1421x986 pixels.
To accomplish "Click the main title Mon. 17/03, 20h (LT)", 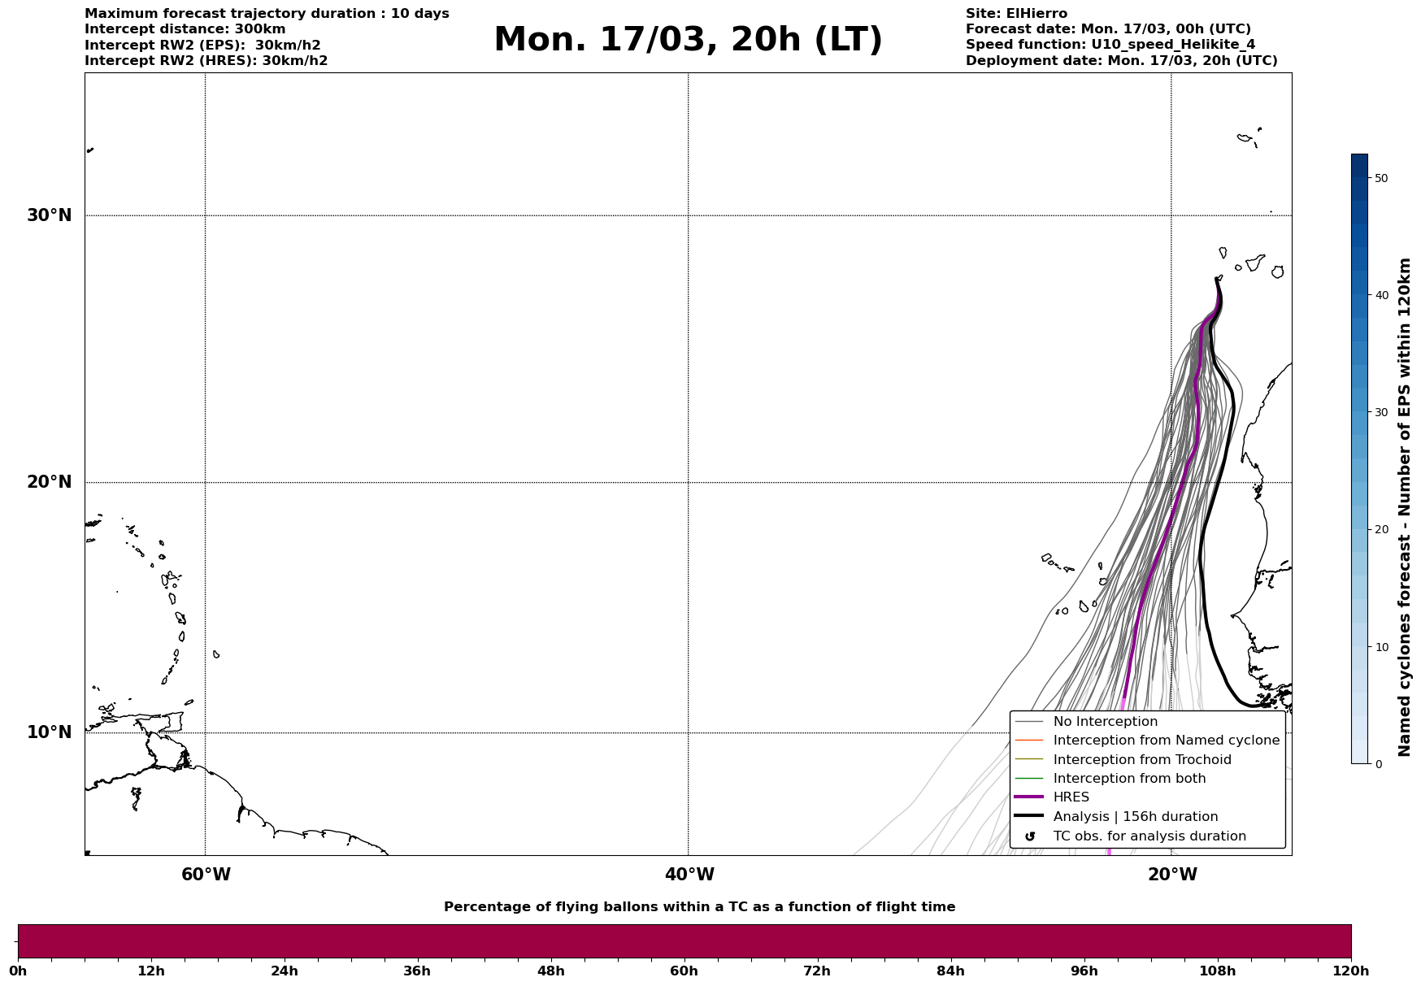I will (x=687, y=40).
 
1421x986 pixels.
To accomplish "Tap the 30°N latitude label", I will (x=50, y=215).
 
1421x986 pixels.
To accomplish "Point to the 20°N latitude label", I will (x=50, y=482).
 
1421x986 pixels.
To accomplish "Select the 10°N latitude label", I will (x=50, y=732).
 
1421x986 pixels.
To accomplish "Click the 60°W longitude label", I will (x=206, y=875).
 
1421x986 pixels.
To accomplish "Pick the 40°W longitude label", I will (x=689, y=875).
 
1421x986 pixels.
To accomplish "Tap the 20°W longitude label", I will (x=1171, y=875).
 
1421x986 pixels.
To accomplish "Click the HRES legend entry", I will (x=1071, y=797).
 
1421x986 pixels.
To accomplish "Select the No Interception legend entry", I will (x=1105, y=722).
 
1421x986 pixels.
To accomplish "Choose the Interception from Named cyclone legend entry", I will (x=1166, y=741).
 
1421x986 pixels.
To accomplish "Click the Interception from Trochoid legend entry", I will (x=1141, y=760).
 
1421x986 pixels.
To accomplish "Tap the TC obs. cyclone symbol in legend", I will (x=1030, y=836).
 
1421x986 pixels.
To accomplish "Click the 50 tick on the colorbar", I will (x=1381, y=178).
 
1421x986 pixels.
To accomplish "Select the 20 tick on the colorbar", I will (x=1381, y=530).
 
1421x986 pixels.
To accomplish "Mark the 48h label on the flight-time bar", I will (x=550, y=971).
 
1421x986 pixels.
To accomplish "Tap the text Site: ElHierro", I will (x=1016, y=14).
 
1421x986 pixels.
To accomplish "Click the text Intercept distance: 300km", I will (x=185, y=29).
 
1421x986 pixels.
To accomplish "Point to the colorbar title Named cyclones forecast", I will (x=1404, y=507).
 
